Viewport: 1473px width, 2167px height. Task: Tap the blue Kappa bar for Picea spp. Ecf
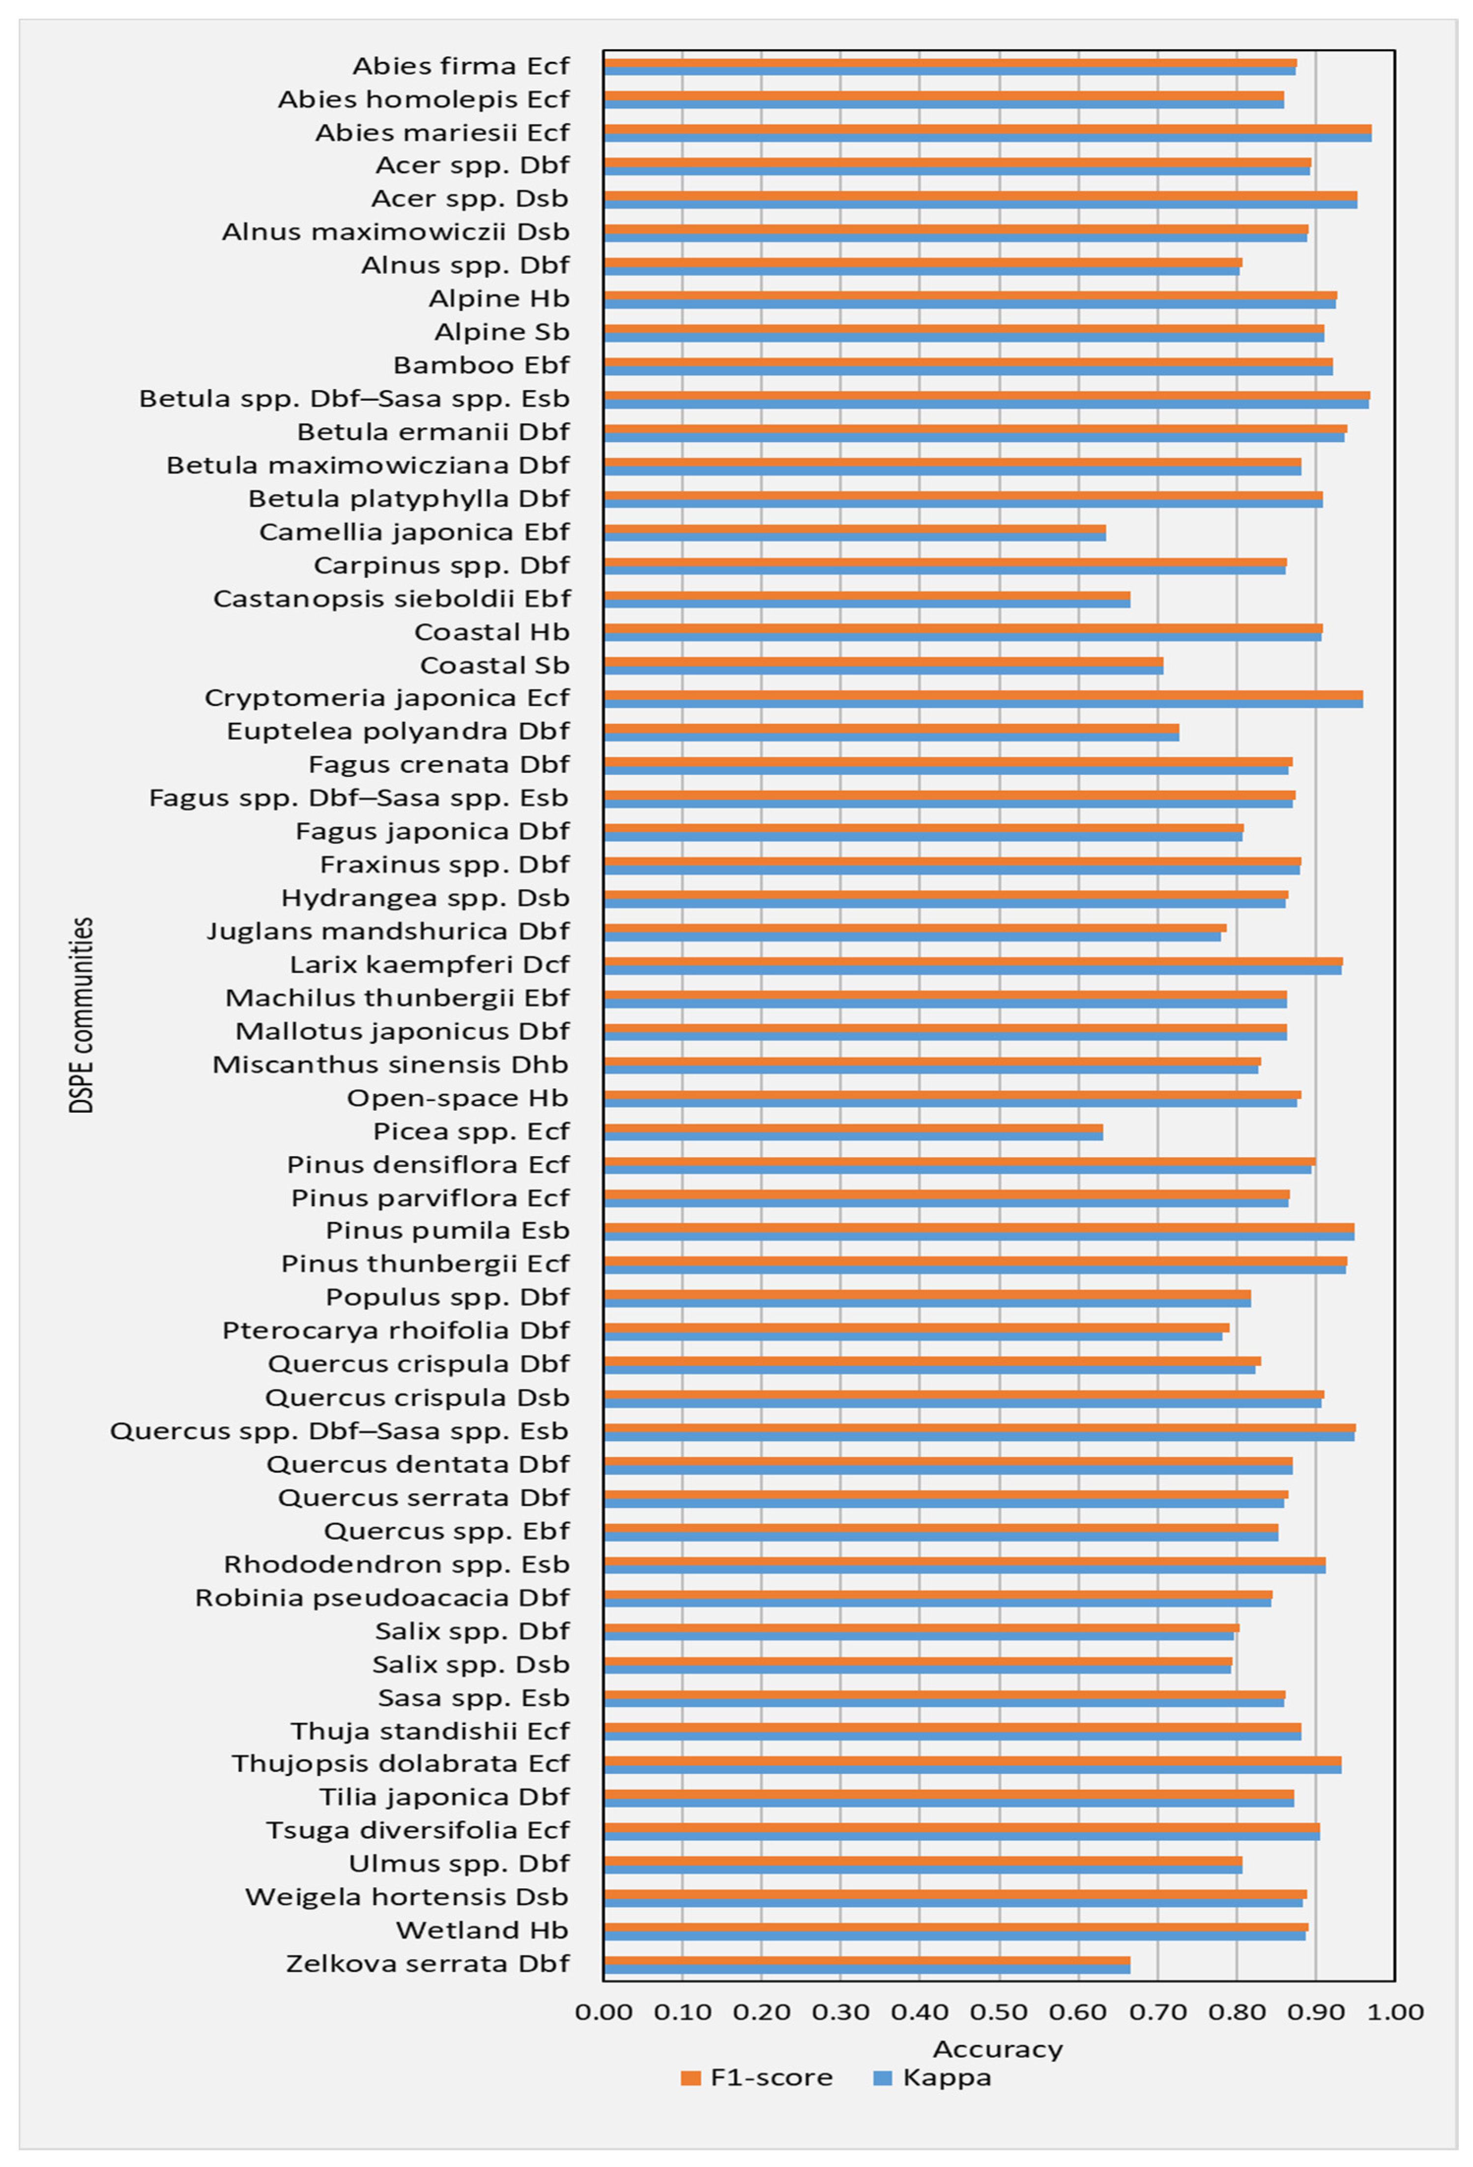(852, 1136)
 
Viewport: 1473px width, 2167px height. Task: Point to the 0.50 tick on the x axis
(999, 2012)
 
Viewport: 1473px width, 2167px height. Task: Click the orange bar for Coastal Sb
(882, 661)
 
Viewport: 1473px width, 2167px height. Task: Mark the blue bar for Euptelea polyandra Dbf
(890, 736)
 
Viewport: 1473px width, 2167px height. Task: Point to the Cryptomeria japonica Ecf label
(386, 697)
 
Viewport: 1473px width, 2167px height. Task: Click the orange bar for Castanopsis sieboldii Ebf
(866, 595)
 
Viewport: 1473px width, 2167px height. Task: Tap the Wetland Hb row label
(482, 1930)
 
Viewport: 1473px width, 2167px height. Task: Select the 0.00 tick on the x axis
(603, 2012)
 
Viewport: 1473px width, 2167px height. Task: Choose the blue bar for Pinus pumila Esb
(978, 1236)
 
